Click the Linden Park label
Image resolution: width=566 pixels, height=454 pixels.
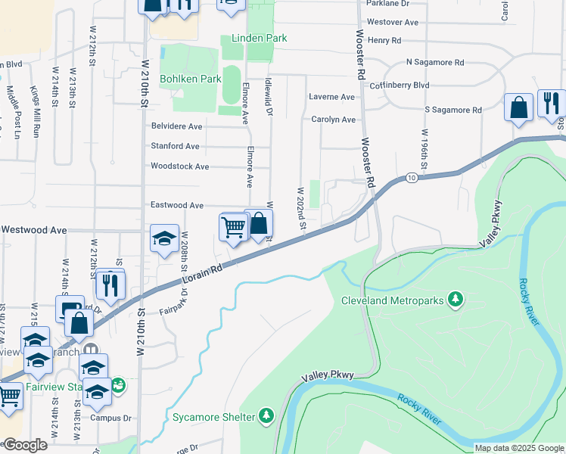point(254,39)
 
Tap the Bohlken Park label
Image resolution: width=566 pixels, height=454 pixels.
point(190,79)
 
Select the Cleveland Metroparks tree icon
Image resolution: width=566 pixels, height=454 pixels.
point(456,300)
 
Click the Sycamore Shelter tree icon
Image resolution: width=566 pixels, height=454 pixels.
point(266,415)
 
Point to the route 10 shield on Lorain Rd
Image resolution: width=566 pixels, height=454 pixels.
point(411,177)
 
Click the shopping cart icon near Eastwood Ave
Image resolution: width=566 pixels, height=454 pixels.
point(234,226)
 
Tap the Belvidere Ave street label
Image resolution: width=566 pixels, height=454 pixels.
point(177,126)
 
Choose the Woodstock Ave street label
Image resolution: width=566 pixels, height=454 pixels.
point(180,166)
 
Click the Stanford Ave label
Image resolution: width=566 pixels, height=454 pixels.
point(176,146)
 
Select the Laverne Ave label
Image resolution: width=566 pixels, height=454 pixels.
point(332,98)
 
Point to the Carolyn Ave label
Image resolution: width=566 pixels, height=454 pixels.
point(333,120)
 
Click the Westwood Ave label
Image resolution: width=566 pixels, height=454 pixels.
point(33,230)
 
